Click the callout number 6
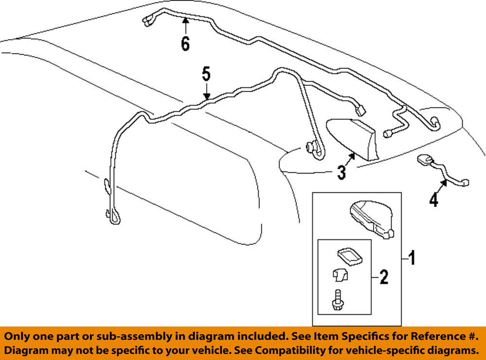pyautogui.click(x=185, y=44)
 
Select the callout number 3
pyautogui.click(x=342, y=172)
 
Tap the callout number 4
pyautogui.click(x=433, y=200)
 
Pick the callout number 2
pyautogui.click(x=383, y=278)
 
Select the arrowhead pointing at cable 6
pyautogui.click(x=185, y=20)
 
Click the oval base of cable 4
pyautogui.click(x=424, y=159)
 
